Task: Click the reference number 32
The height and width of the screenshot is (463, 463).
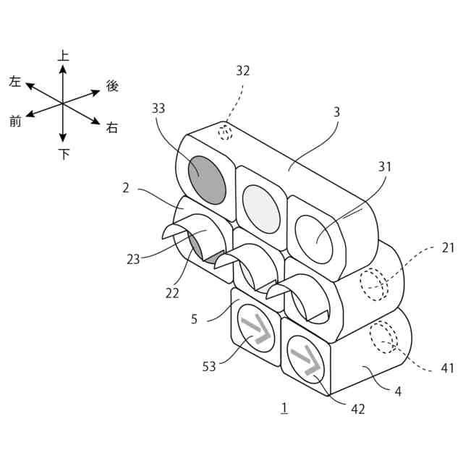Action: (x=243, y=71)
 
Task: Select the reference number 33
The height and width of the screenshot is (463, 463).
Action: (x=158, y=108)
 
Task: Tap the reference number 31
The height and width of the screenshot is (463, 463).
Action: (x=384, y=166)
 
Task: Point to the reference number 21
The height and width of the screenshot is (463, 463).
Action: (x=449, y=247)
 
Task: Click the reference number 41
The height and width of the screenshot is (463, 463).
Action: (x=447, y=368)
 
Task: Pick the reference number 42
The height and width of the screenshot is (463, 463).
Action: (x=358, y=409)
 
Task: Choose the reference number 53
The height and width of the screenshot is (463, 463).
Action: (x=209, y=367)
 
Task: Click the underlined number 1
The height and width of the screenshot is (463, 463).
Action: (x=285, y=408)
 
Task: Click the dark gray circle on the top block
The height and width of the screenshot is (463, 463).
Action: (x=207, y=179)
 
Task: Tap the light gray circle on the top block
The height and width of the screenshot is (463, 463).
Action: (x=262, y=208)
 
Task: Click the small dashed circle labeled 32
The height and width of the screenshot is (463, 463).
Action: (x=226, y=132)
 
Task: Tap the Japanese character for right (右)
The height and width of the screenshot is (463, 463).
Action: (x=112, y=128)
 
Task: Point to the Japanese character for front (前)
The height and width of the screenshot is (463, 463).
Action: (x=15, y=122)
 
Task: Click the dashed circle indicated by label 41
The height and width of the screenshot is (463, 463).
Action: (x=382, y=336)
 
